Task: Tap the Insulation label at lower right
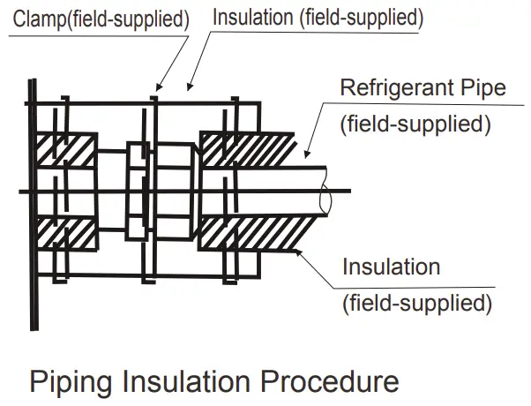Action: pos(391,266)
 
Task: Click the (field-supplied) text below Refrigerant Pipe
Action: pos(415,124)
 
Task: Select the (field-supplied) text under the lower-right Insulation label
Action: pos(415,303)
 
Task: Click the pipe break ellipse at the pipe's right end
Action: pos(325,199)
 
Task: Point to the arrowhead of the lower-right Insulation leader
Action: pos(300,252)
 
